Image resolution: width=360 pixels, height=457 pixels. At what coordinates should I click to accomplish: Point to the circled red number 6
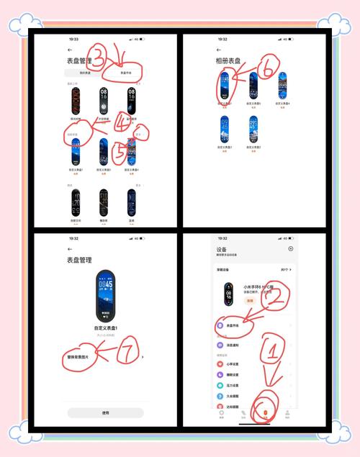[267, 69]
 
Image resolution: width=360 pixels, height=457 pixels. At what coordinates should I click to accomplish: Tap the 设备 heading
[221, 250]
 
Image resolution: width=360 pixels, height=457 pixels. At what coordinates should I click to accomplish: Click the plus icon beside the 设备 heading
[291, 249]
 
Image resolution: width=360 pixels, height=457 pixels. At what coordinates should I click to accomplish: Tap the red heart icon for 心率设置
[220, 365]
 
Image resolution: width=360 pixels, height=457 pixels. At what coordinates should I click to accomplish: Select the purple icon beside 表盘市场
[220, 326]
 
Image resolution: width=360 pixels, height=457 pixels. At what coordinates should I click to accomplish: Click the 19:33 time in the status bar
[74, 39]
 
